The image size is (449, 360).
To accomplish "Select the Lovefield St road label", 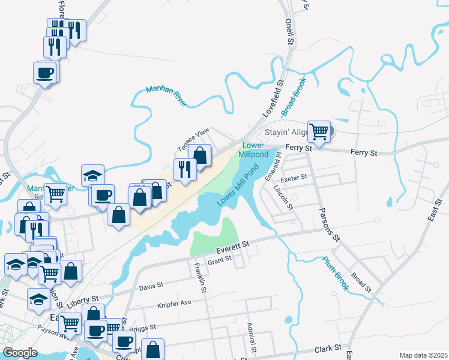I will click(x=273, y=98).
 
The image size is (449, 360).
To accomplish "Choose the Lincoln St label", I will click(x=283, y=196).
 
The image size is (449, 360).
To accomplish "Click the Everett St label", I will click(x=233, y=246).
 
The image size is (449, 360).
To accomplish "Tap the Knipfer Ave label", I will click(x=174, y=302).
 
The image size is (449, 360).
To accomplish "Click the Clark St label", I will click(x=328, y=348).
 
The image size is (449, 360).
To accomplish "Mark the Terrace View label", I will click(x=193, y=139).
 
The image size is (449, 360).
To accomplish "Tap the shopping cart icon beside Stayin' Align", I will click(x=319, y=131).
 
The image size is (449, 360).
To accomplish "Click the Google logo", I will click(x=20, y=353).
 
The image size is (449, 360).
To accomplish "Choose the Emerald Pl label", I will click(x=273, y=167).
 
